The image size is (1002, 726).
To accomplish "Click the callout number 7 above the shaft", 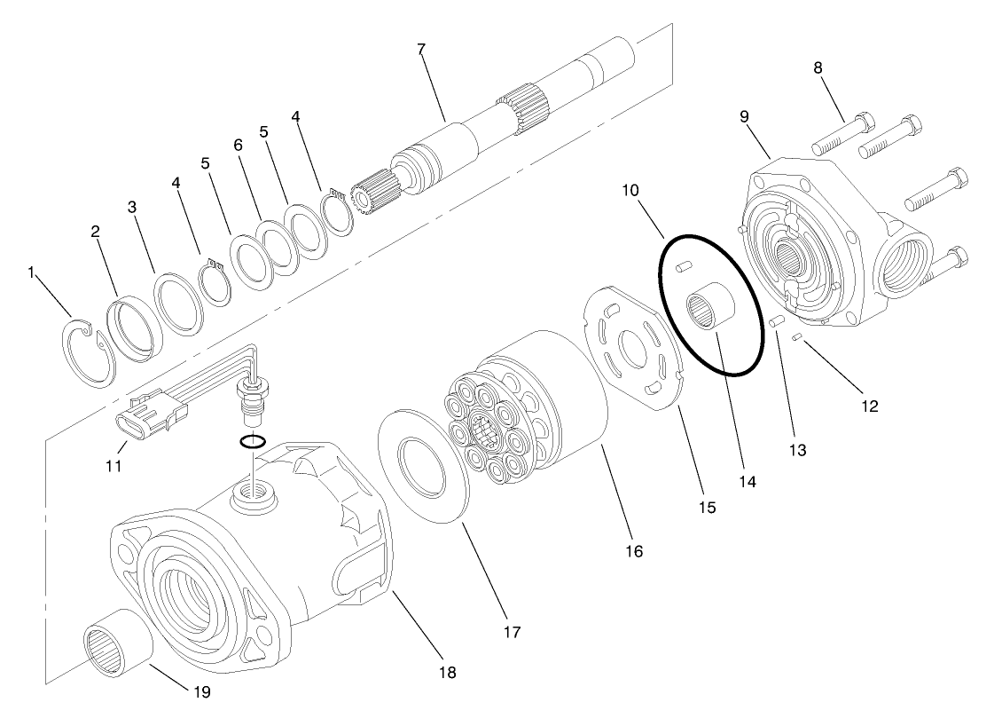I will click(421, 48).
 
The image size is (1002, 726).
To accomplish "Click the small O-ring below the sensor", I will click(252, 442).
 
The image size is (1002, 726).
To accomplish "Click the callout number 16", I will click(632, 551).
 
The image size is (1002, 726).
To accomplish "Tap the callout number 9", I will click(744, 115).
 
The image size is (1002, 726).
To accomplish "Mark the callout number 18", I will click(448, 673).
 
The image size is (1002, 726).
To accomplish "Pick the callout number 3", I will click(132, 207).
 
